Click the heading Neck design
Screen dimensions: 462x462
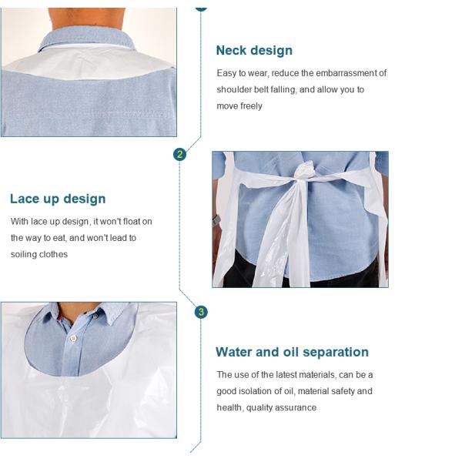(254, 51)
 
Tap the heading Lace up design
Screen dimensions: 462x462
(58, 199)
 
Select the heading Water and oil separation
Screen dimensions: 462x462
(292, 352)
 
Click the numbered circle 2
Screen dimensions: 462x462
(180, 154)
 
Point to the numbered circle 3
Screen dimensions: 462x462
(201, 312)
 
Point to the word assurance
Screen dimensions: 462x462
(297, 407)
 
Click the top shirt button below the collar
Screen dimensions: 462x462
(74, 337)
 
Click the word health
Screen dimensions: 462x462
(229, 407)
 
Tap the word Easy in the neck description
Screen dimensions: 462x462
(226, 73)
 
